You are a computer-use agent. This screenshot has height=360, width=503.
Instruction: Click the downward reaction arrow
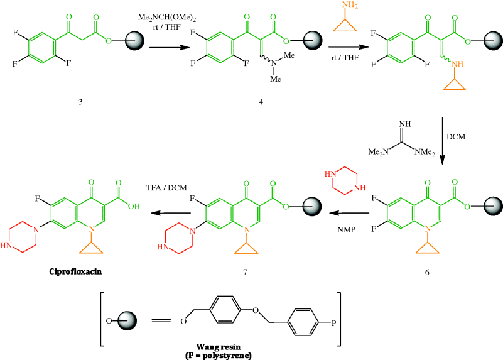tap(443, 139)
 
